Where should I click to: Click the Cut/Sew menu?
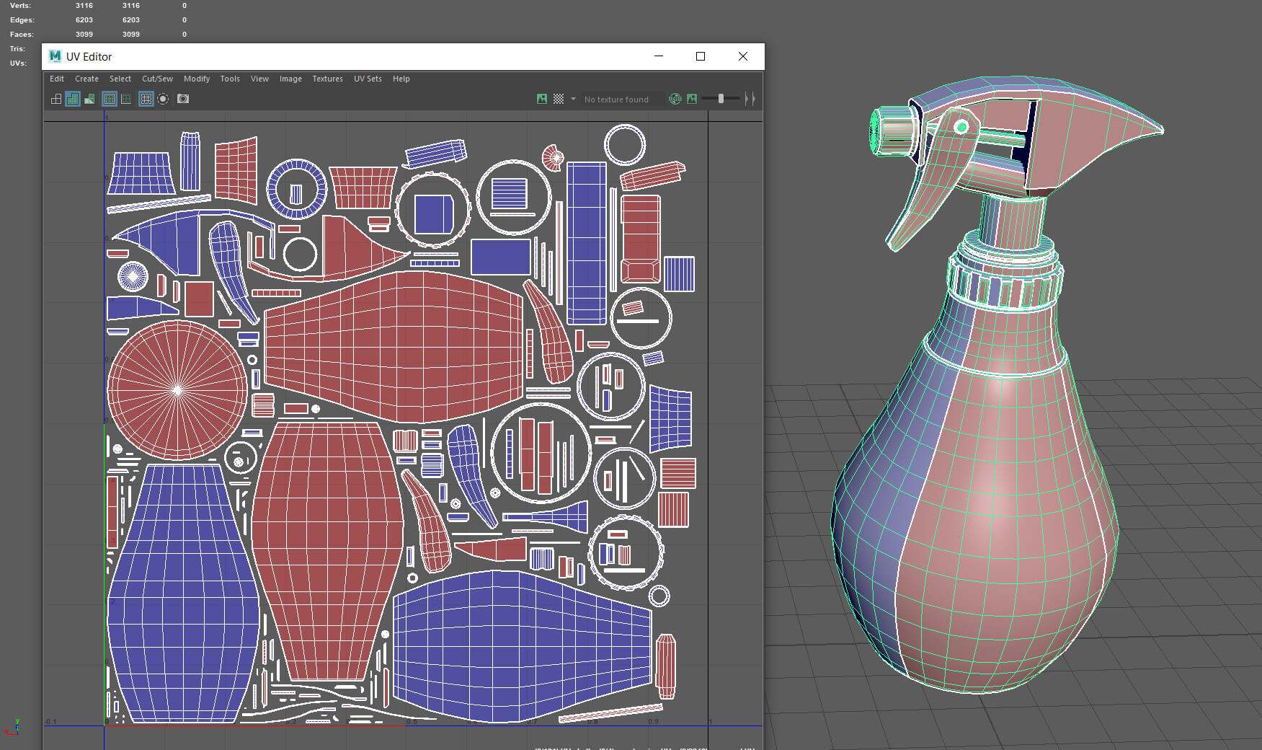[x=157, y=79]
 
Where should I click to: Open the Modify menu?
[x=196, y=79]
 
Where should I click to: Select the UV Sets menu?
[x=368, y=79]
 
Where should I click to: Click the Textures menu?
[x=327, y=79]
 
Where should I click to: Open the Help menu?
[x=401, y=79]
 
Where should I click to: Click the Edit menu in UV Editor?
[x=57, y=79]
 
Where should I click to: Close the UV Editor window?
[x=742, y=56]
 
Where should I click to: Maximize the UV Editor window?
[x=700, y=56]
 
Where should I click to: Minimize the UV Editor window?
[x=658, y=56]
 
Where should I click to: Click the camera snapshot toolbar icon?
[x=183, y=99]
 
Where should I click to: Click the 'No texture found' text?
[x=616, y=100]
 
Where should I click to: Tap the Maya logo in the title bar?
[x=55, y=56]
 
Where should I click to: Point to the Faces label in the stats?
[x=21, y=35]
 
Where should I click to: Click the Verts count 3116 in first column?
[x=84, y=6]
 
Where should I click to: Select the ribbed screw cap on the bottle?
[x=1005, y=281]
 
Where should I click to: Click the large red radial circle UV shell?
[x=177, y=390]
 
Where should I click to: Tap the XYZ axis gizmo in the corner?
[x=12, y=727]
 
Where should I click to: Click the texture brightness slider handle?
[x=721, y=99]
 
